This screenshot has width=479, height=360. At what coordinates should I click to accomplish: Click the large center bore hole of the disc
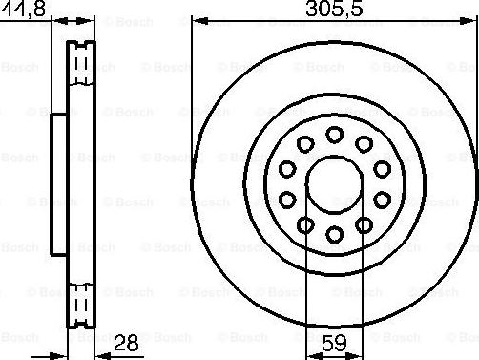tap(334, 182)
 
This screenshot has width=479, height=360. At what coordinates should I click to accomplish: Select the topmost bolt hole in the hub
tap(334, 134)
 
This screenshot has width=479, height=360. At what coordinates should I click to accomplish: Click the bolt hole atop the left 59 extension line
tap(305, 223)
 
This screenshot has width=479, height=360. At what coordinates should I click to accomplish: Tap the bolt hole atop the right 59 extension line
tap(364, 223)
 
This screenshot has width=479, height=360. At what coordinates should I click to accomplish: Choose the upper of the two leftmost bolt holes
tap(287, 168)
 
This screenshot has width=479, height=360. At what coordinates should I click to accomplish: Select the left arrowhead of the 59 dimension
tap(310, 349)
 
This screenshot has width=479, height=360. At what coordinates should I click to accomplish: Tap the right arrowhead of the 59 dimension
tap(359, 349)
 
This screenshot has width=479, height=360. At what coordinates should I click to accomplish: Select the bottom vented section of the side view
tap(81, 300)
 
